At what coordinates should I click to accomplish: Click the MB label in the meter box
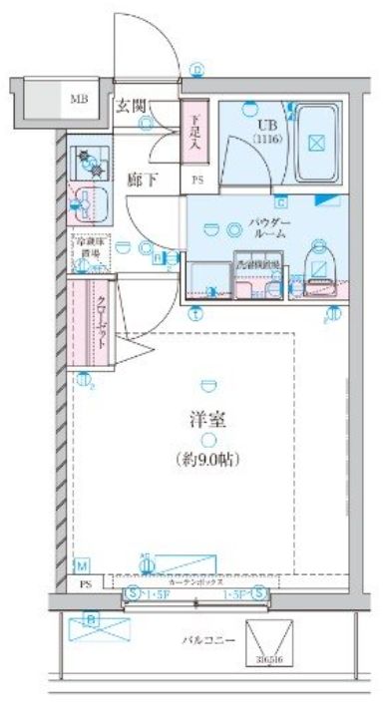tap(78, 99)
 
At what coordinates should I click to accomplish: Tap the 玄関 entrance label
tap(130, 103)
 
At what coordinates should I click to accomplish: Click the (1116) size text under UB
tap(267, 140)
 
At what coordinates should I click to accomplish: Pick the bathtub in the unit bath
tap(317, 140)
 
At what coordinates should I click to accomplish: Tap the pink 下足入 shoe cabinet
tap(195, 132)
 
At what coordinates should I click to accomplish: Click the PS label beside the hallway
tap(196, 180)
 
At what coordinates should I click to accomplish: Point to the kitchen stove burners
tap(90, 161)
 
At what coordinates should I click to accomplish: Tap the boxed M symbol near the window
tap(80, 565)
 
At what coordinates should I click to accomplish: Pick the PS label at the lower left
tap(85, 586)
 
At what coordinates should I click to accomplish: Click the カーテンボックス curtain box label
tap(195, 579)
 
